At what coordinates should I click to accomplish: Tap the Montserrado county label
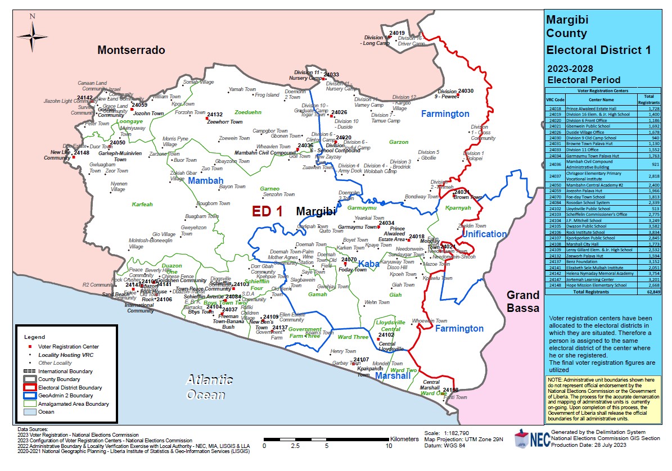pos(131,50)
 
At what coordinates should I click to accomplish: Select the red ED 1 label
pos(267,211)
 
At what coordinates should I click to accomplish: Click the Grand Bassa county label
pos(523,301)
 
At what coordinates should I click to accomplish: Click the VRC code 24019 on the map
pos(397,33)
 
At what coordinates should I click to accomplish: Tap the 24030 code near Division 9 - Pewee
pos(466,90)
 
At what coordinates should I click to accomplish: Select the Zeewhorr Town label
pos(224,121)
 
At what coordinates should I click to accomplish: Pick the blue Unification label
pos(484,234)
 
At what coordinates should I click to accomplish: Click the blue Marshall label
pos(393,375)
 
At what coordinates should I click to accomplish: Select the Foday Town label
pos(352,270)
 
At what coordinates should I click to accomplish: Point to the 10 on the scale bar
pos(388,445)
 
